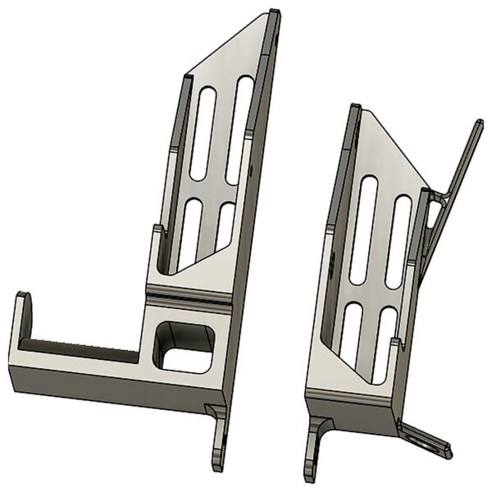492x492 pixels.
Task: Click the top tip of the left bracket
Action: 274,16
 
